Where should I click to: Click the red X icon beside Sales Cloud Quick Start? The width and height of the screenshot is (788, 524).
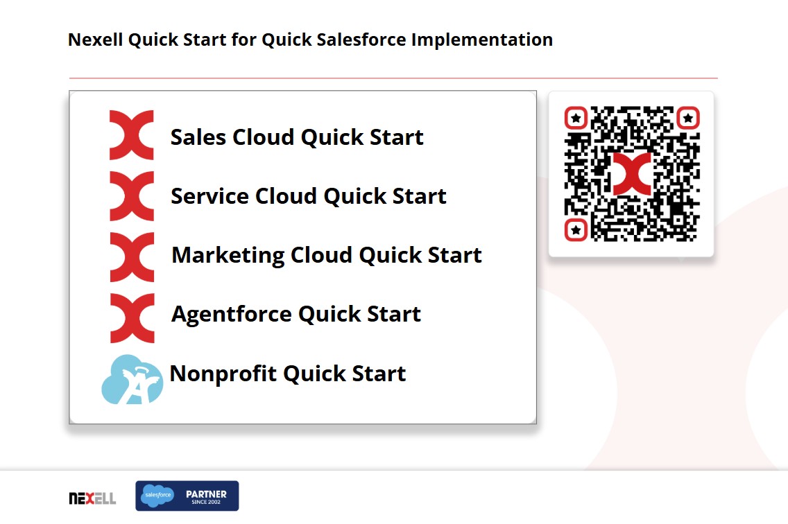(x=132, y=135)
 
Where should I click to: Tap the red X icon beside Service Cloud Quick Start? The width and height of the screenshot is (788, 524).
(x=132, y=196)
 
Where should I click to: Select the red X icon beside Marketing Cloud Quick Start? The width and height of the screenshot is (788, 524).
(x=132, y=257)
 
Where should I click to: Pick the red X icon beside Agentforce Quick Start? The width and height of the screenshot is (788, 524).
(x=132, y=319)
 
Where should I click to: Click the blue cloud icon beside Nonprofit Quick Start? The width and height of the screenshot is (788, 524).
(x=132, y=380)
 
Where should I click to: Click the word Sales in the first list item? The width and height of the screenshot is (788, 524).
(x=198, y=137)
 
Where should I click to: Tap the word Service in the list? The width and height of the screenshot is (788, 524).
(x=209, y=196)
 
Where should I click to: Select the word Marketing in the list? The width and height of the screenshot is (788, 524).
(x=228, y=256)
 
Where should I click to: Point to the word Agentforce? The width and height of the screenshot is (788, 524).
(x=231, y=315)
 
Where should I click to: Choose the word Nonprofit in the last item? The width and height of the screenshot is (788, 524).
(x=223, y=374)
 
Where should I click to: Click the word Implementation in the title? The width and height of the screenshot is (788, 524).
(x=482, y=40)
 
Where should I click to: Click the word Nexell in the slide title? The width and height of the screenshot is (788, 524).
(x=95, y=40)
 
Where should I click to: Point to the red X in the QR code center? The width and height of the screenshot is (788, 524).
(x=632, y=174)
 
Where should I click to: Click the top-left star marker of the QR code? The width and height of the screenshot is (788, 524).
(x=576, y=118)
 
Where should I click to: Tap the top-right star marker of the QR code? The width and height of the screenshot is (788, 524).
(x=688, y=118)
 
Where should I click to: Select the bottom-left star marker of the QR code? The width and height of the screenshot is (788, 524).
(x=576, y=230)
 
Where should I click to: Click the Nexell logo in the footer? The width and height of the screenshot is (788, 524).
(x=92, y=498)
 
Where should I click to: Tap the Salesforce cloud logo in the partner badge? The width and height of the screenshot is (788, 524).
(x=157, y=496)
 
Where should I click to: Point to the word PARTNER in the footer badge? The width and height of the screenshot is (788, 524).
(x=206, y=494)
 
